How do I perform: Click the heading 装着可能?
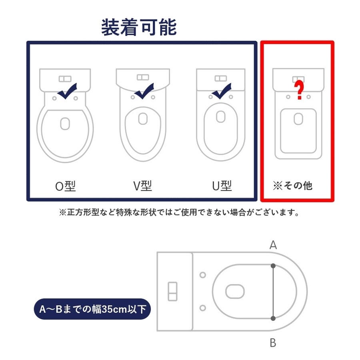click(x=139, y=27)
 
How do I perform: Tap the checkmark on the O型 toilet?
click(x=67, y=91)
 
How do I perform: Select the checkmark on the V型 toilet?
click(x=144, y=91)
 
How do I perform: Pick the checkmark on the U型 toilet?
click(x=222, y=91)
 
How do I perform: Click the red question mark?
click(x=299, y=90)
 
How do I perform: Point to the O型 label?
click(x=66, y=186)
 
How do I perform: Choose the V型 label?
click(x=142, y=186)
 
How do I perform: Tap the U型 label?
click(x=222, y=186)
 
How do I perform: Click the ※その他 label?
click(x=293, y=186)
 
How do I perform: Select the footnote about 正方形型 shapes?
click(x=179, y=212)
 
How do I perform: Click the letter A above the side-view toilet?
click(x=273, y=245)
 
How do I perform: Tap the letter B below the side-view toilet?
click(x=273, y=343)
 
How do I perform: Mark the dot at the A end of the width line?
click(x=273, y=266)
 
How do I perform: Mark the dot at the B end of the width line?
click(x=273, y=318)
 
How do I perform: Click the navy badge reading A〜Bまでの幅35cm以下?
click(x=92, y=309)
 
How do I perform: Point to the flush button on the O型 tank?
click(x=65, y=79)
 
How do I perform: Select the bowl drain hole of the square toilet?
click(x=298, y=119)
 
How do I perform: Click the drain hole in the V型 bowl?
click(x=143, y=119)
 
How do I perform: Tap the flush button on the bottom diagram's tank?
click(x=173, y=291)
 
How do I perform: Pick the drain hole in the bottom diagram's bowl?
click(x=235, y=291)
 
